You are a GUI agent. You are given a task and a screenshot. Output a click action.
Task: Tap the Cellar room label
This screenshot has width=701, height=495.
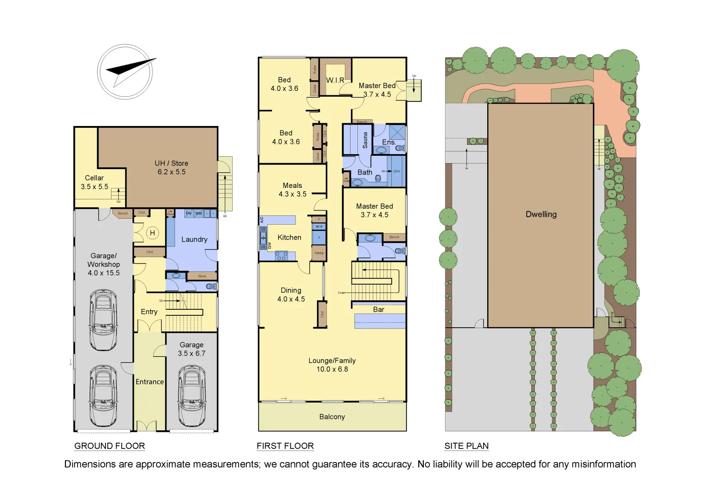coord(94,178)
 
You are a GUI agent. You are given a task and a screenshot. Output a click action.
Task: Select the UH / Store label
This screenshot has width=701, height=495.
coord(171,163)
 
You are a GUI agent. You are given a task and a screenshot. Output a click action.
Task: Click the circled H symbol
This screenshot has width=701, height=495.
coord(152,233)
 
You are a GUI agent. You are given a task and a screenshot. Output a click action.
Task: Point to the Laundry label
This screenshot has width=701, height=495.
coord(194,239)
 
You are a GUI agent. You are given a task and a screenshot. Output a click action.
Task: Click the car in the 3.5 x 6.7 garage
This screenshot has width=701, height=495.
coord(191,395)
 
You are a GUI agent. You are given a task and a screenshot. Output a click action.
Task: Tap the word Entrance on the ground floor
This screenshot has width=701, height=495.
coord(150,382)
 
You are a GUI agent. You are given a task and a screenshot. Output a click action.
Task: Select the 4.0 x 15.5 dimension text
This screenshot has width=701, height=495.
coord(104,273)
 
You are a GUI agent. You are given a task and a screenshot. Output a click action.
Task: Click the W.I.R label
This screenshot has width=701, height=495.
coord(335,80)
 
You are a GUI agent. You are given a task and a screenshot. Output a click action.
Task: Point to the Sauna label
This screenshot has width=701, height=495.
coord(365,140)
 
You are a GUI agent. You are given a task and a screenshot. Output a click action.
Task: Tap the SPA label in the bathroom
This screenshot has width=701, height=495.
coord(396,171)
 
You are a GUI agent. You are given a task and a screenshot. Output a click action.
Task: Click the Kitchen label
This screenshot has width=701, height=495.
coord(289,237)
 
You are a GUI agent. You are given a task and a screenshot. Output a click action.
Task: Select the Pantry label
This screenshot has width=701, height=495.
coord(319,253)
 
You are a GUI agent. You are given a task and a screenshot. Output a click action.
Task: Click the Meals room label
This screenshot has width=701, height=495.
coord(292,186)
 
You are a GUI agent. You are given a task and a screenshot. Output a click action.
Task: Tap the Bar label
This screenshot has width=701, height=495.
coord(378,309)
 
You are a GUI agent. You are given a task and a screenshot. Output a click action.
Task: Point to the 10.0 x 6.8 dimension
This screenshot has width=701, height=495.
coord(332,369)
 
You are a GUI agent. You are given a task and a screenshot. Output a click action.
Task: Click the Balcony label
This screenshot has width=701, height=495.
coord(332,417)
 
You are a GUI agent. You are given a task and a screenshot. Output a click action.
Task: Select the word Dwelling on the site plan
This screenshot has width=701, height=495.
coord(541,214)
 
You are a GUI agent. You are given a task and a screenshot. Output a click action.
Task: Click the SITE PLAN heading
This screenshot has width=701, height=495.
coord(466,446)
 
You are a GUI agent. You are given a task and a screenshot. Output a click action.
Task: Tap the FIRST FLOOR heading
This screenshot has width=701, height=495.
coord(285,446)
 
